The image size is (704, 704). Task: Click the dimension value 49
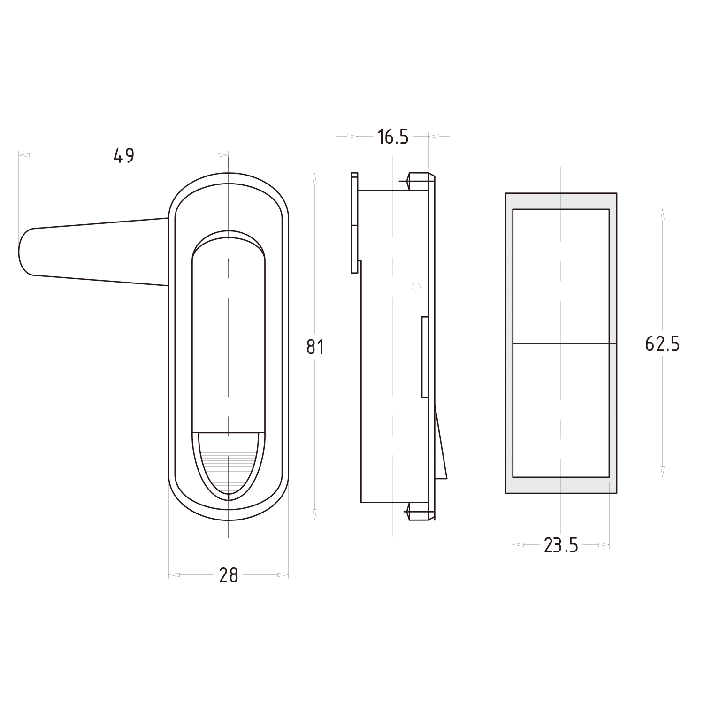(x=124, y=155)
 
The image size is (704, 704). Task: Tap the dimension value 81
(x=315, y=347)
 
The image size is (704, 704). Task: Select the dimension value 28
(x=229, y=575)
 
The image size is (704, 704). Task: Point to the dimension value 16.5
(x=393, y=137)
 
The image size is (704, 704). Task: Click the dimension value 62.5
(x=662, y=344)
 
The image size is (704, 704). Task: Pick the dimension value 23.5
(x=561, y=545)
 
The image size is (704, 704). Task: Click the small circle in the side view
(x=415, y=287)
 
